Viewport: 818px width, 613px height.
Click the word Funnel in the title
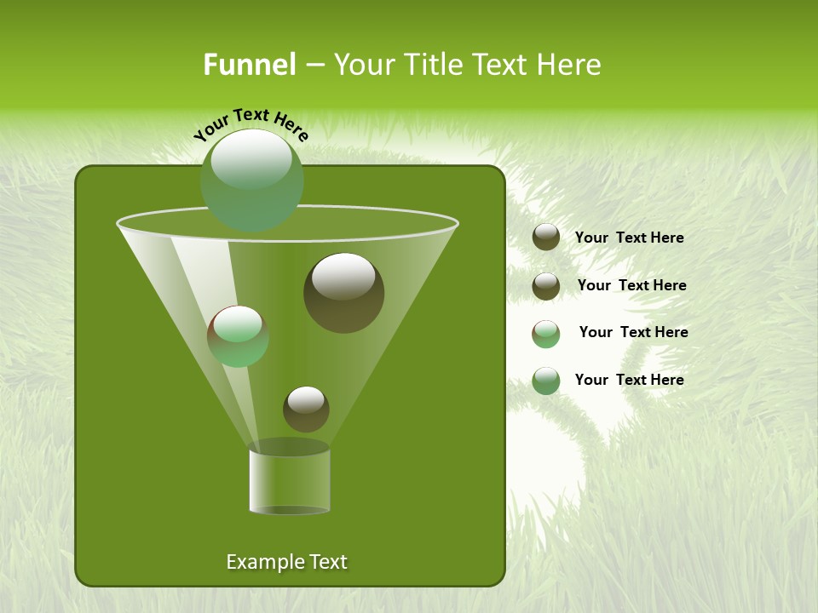(249, 65)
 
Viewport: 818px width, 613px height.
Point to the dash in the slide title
(314, 66)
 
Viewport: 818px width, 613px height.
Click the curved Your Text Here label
(251, 124)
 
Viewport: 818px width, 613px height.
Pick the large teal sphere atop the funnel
(251, 180)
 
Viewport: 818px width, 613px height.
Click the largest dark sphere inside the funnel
(343, 292)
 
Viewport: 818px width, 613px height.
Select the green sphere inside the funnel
(238, 335)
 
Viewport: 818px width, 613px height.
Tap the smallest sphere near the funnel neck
(306, 409)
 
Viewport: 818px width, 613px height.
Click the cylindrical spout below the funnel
(289, 480)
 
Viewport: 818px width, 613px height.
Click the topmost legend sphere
(546, 238)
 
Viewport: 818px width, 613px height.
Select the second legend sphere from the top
(546, 286)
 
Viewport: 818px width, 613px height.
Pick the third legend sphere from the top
(546, 334)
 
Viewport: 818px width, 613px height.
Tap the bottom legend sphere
(546, 381)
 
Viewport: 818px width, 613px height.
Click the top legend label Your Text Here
(629, 238)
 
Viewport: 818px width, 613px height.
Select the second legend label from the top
(631, 285)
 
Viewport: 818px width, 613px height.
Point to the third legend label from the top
(633, 332)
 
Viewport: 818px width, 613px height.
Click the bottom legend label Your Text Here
(629, 380)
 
